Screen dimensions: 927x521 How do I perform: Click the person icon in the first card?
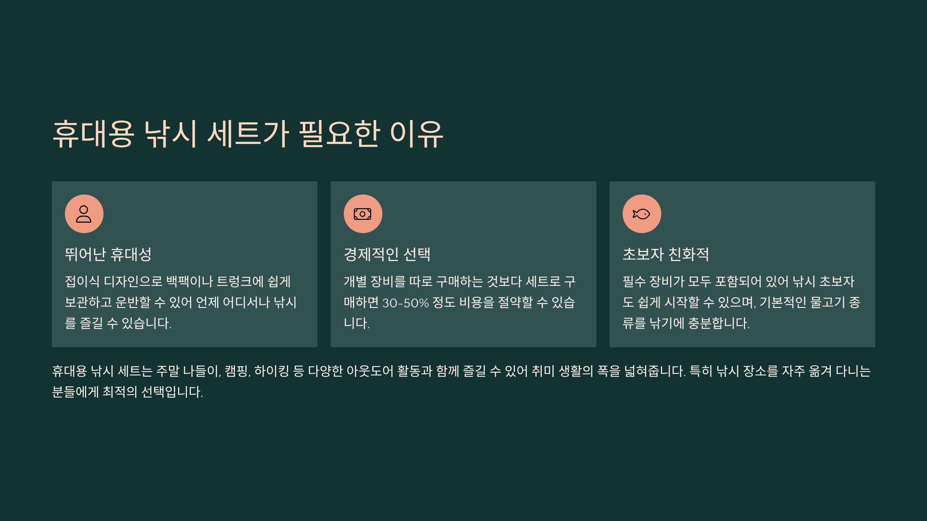tap(84, 214)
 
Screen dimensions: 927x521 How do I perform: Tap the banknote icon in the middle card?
tap(363, 214)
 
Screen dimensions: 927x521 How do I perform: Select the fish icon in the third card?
tap(642, 214)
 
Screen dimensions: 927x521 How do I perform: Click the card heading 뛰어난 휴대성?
tap(108, 254)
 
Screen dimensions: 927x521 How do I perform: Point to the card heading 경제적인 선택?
tap(387, 254)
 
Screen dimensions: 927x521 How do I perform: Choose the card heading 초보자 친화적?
tap(666, 254)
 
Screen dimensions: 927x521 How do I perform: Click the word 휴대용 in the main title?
tap(93, 134)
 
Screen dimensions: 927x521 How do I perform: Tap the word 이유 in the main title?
tap(416, 134)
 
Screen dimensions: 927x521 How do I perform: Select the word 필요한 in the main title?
tap(339, 134)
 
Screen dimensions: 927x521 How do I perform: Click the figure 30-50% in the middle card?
tap(406, 303)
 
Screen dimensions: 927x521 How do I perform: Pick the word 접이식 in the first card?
tap(82, 281)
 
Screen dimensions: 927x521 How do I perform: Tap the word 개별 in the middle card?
tap(355, 281)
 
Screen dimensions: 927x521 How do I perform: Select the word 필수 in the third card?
tap(634, 281)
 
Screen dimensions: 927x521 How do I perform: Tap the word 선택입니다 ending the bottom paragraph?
tap(172, 392)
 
